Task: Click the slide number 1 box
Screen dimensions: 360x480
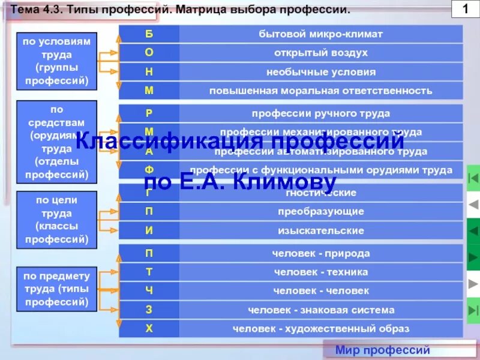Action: [465, 10]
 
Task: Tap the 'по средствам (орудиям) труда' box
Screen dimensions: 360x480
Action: [57, 142]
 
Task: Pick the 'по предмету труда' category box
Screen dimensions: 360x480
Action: [56, 289]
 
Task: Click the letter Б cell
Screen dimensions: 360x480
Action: [149, 34]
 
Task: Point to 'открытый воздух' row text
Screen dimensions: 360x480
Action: [321, 53]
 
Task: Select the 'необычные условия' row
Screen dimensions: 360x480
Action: [321, 72]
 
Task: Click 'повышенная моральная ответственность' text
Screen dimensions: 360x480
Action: [321, 91]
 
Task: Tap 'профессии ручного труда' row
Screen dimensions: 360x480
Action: [321, 113]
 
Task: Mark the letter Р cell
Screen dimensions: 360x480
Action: [149, 113]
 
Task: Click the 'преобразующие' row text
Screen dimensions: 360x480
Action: [321, 212]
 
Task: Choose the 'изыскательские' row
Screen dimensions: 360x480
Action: [321, 230]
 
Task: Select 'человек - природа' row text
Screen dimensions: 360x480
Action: [321, 253]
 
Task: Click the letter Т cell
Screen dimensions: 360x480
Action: [149, 272]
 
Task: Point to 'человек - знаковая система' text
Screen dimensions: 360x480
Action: [321, 310]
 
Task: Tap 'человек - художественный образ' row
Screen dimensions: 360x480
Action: [321, 329]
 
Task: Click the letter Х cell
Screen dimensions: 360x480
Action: [149, 329]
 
